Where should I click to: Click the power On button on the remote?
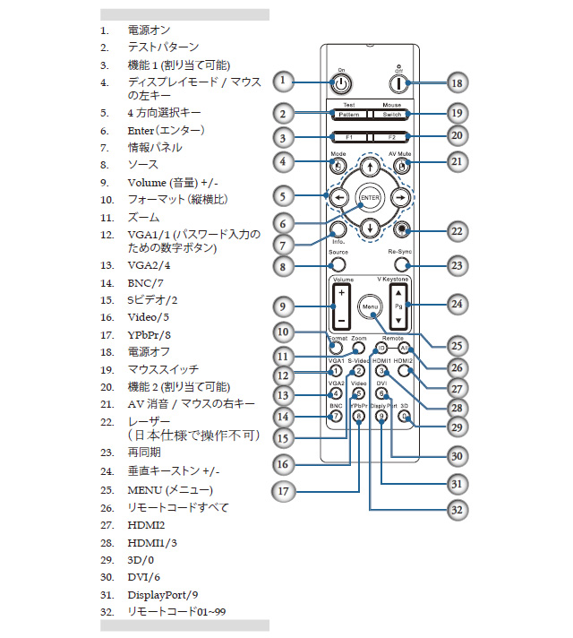340,83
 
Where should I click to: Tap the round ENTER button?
370,197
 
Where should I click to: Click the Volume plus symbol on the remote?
341,295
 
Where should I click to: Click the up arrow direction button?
370,168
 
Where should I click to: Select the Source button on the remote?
338,264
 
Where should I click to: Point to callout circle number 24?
457,305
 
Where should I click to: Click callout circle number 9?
283,306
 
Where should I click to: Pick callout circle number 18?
457,82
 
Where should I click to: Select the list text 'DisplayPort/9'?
163,594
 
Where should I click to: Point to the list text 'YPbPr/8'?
148,335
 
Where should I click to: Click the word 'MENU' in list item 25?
145,490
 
